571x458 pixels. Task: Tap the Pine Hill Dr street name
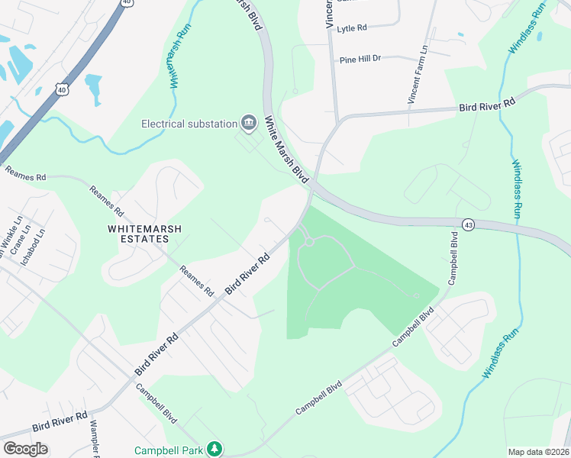coord(360,59)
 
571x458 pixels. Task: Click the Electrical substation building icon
coord(248,123)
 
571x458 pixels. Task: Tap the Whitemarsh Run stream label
coord(179,57)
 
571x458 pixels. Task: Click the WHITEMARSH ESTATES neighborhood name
coord(137,233)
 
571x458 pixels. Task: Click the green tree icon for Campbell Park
coord(216,450)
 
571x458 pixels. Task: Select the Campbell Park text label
coord(169,450)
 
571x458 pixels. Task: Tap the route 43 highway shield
coord(467,224)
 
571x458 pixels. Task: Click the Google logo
coord(25,449)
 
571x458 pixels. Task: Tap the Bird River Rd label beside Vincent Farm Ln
coord(487,103)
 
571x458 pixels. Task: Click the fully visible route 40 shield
coord(61,89)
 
